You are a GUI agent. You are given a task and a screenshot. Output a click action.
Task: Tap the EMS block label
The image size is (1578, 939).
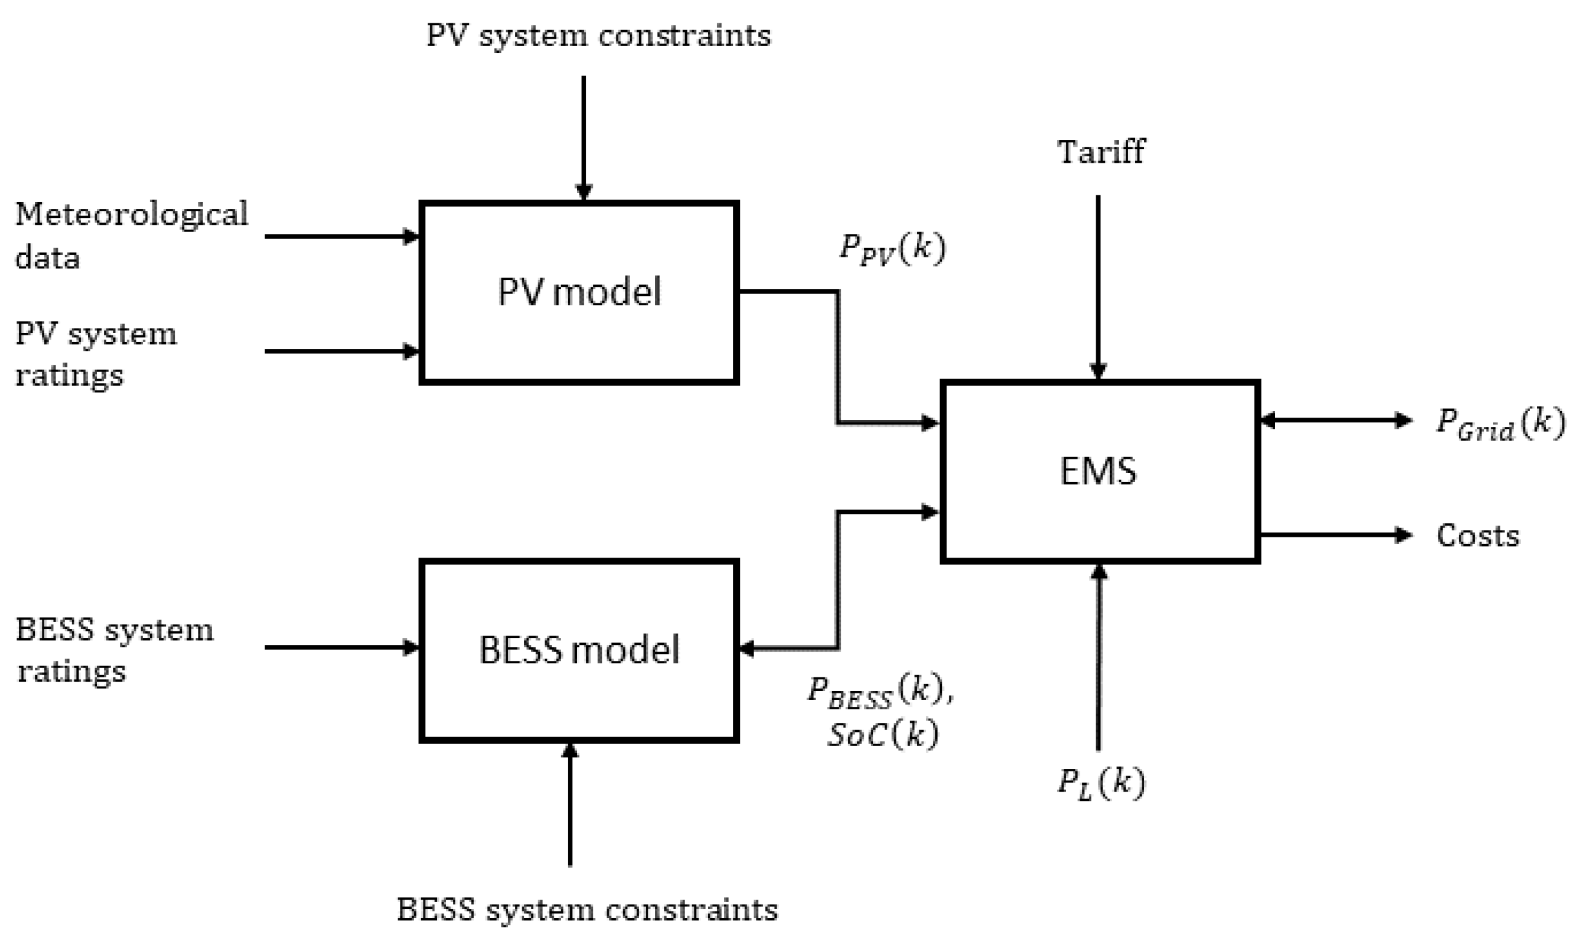(1098, 472)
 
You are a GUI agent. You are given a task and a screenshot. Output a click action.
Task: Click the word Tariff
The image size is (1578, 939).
(1101, 152)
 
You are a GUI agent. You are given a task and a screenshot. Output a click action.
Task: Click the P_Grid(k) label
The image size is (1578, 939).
(1499, 424)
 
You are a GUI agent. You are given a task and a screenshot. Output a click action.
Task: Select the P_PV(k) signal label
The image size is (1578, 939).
(892, 249)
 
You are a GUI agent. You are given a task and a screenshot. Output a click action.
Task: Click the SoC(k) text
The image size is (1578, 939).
(882, 734)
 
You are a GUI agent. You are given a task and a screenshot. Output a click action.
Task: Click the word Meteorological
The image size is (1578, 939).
(131, 214)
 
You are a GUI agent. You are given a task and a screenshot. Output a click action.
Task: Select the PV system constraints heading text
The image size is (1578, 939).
(598, 35)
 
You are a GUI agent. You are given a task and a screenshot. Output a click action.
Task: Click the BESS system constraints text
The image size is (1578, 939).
(587, 910)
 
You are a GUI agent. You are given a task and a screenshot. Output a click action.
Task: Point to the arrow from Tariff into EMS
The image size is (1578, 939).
(1098, 285)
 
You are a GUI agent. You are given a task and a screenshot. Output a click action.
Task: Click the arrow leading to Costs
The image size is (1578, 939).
(1335, 536)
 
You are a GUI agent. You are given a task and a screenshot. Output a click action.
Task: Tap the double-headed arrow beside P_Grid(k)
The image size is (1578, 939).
(1335, 420)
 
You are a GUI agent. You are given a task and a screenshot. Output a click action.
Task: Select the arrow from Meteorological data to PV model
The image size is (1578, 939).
(342, 236)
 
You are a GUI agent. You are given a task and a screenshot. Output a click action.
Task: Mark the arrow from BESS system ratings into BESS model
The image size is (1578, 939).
(342, 647)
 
